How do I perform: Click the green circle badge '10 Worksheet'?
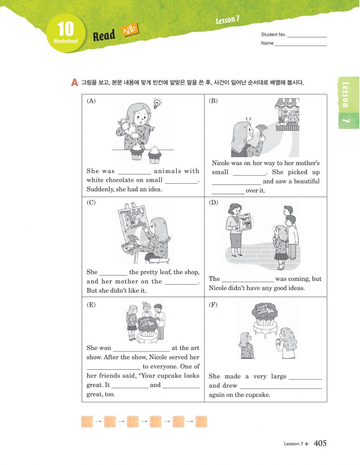click(x=66, y=33)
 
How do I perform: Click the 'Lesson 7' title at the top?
click(x=228, y=20)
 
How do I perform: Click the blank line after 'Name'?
click(x=301, y=44)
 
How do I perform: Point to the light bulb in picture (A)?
click(x=157, y=103)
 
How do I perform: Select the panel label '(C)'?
click(x=91, y=202)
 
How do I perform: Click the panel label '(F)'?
click(x=213, y=305)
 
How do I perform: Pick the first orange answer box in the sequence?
click(x=87, y=421)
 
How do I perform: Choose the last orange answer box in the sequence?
click(x=201, y=421)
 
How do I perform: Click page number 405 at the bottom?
click(x=320, y=443)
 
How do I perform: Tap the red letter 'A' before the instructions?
click(x=75, y=83)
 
